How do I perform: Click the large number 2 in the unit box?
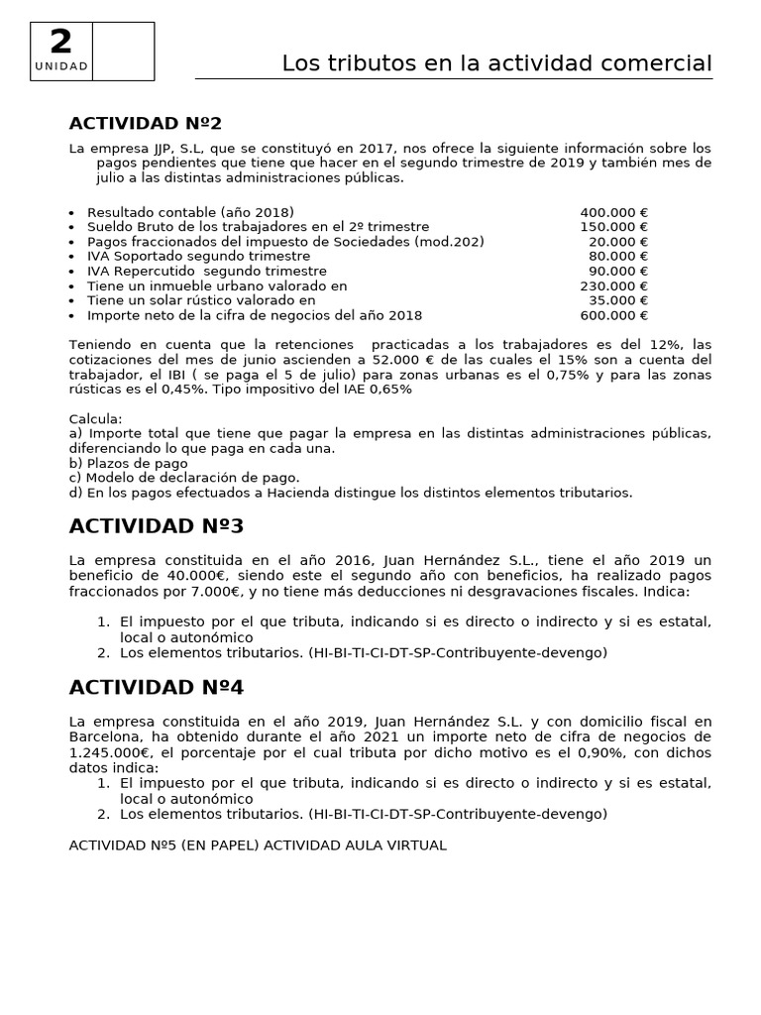click(x=61, y=42)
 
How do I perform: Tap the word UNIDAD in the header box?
click(x=61, y=66)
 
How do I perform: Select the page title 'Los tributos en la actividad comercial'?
click(x=496, y=63)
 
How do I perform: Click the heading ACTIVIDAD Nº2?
click(x=146, y=123)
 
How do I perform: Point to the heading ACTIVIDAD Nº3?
click(x=156, y=525)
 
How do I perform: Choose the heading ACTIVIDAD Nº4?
click(x=156, y=687)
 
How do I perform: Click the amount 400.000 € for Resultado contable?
click(x=613, y=212)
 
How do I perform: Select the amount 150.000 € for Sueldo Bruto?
click(x=613, y=227)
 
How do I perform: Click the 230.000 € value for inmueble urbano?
click(x=613, y=286)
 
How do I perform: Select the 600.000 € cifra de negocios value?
click(x=613, y=315)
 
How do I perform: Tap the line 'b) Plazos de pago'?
click(x=129, y=463)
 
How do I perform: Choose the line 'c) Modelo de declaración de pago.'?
click(x=184, y=478)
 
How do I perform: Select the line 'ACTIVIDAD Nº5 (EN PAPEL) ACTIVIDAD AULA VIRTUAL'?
click(x=258, y=846)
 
